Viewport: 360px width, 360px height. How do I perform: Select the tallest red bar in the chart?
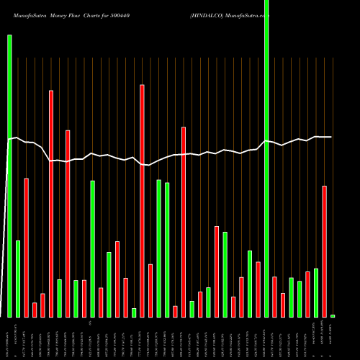coord(142,201)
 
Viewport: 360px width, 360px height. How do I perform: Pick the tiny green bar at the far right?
coord(333,316)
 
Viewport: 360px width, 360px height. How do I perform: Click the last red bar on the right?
coord(325,251)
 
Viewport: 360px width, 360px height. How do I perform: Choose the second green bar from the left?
coord(18,279)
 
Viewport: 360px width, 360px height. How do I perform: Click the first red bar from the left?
coord(26,248)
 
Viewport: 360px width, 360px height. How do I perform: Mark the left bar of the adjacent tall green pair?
coord(158,248)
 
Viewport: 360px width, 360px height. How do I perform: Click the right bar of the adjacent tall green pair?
coord(167,250)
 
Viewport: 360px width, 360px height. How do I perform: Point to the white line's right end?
coord(330,137)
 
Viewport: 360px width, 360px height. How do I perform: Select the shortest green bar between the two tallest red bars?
coord(134,312)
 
